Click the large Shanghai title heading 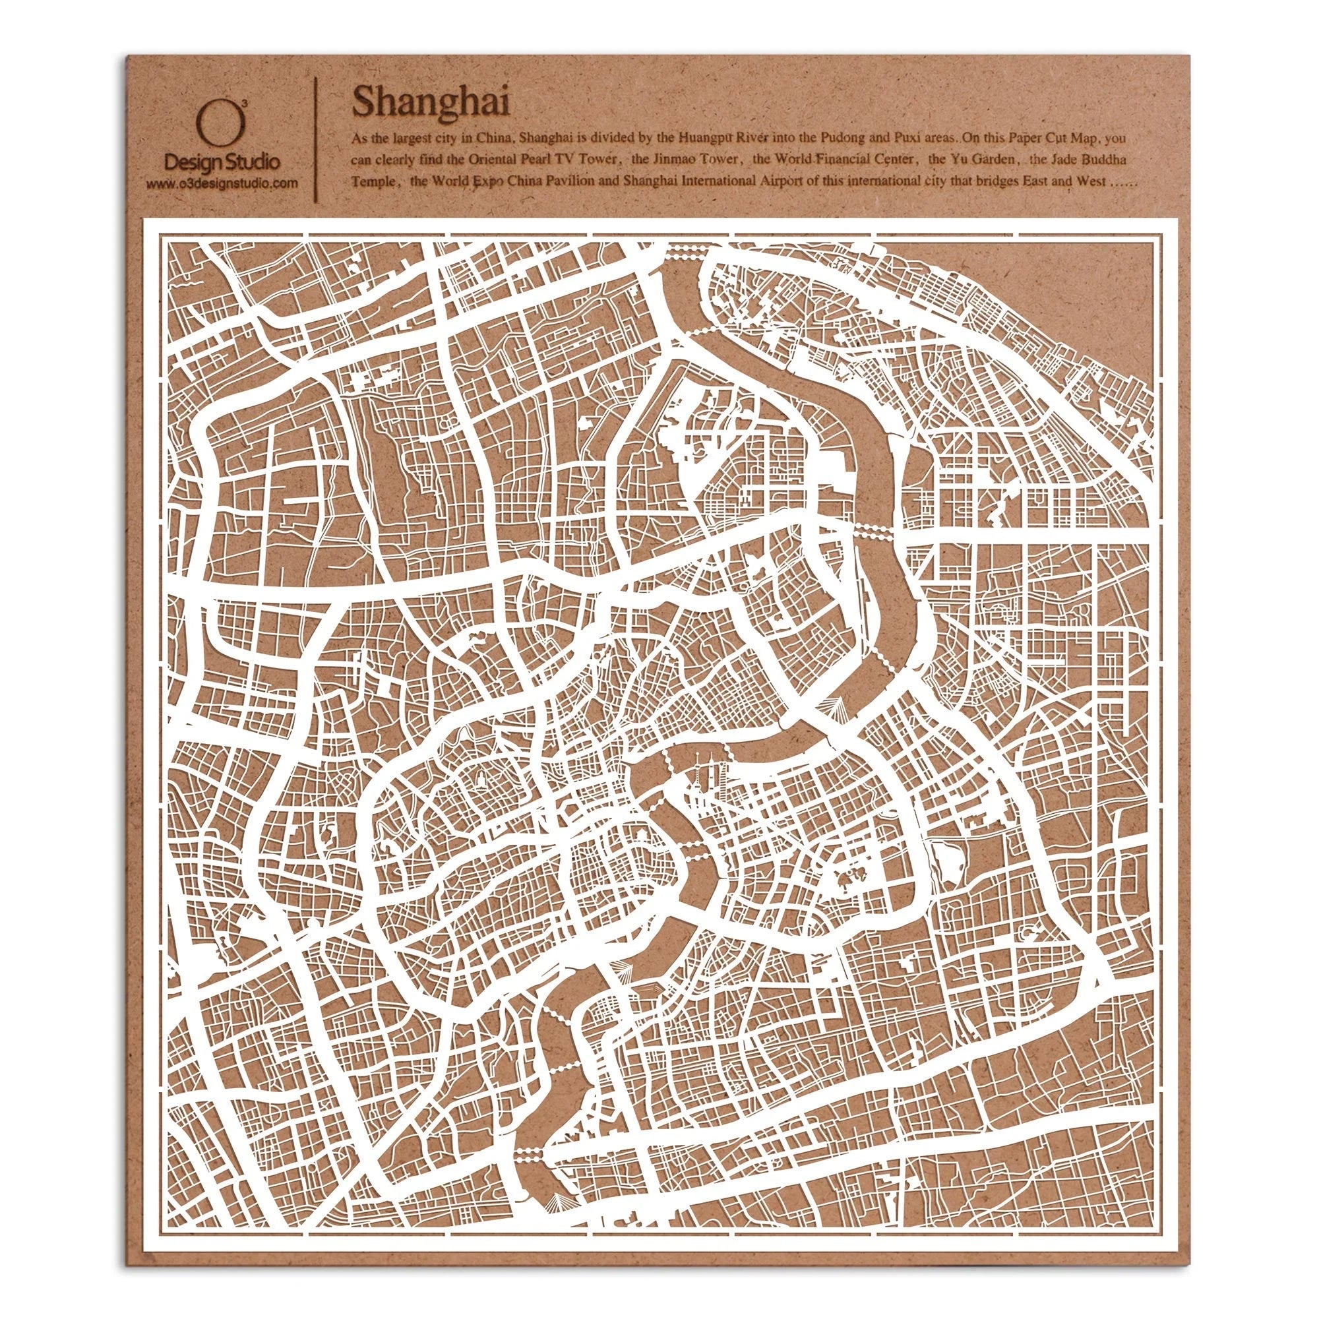[x=430, y=103]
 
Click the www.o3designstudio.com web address [x=222, y=182]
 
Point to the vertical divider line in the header [x=315, y=138]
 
